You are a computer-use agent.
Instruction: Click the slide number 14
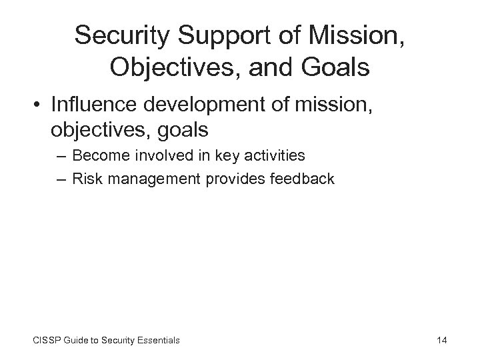tap(441, 341)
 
